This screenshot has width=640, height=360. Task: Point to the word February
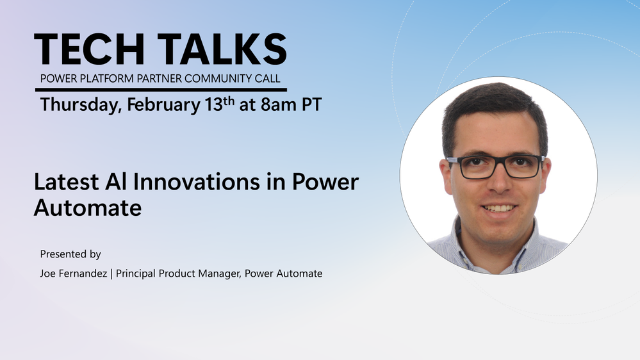[x=163, y=105]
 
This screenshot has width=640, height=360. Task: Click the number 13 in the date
[x=213, y=104]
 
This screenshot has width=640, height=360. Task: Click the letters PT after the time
[x=312, y=104]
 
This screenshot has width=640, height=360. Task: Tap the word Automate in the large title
[x=88, y=208]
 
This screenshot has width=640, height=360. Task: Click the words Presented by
[x=70, y=254]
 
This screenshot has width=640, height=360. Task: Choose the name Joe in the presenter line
[x=47, y=274]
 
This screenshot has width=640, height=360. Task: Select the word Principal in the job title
[x=136, y=274]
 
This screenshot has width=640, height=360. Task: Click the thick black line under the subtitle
[x=161, y=90]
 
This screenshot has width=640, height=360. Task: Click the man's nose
[x=500, y=179]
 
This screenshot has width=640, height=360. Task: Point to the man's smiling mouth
[x=499, y=209]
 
